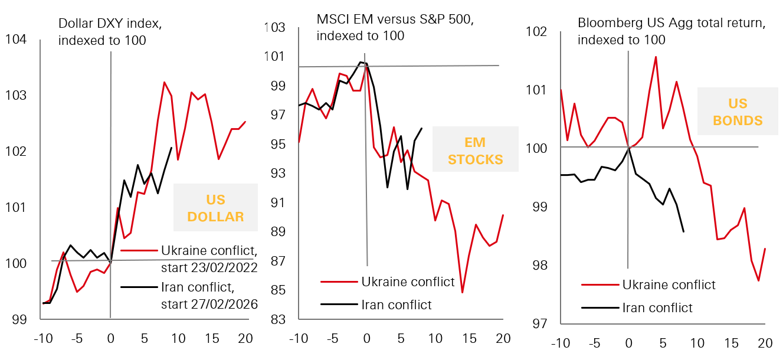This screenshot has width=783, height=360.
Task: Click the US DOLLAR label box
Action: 215,208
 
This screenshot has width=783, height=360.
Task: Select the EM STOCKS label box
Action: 475,150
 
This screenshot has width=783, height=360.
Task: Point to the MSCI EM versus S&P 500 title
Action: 395,27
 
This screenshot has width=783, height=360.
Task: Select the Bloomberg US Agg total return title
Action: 671,32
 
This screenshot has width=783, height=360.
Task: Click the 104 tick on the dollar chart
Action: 16,40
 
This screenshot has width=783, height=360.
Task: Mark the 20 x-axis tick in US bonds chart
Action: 765,343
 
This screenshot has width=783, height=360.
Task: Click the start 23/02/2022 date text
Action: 209,268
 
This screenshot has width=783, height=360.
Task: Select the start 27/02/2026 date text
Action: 209,305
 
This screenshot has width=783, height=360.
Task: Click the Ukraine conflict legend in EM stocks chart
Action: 408,282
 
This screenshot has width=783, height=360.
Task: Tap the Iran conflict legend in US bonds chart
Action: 657,308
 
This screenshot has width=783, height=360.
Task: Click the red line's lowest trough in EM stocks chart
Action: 463,292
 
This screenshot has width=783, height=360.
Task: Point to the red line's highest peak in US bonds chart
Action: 656,57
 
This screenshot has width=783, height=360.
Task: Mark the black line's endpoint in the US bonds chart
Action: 683,231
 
